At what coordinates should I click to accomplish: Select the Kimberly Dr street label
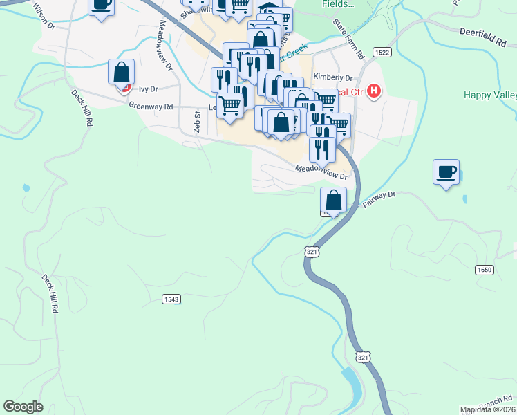(332, 77)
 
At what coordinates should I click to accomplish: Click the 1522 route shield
(381, 53)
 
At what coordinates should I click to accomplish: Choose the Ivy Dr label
(148, 89)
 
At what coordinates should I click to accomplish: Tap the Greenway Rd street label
(150, 106)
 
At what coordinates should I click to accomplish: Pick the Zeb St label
(196, 121)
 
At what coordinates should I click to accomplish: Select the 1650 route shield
(485, 270)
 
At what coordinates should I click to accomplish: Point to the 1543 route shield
(171, 299)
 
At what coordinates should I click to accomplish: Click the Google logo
(23, 407)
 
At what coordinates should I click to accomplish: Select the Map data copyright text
(488, 409)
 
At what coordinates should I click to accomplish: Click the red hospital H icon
(374, 91)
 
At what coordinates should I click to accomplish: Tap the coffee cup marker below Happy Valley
(446, 172)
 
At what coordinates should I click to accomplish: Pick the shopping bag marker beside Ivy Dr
(121, 72)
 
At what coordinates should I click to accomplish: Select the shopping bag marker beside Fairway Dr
(333, 199)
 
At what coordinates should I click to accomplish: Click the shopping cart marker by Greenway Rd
(230, 106)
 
